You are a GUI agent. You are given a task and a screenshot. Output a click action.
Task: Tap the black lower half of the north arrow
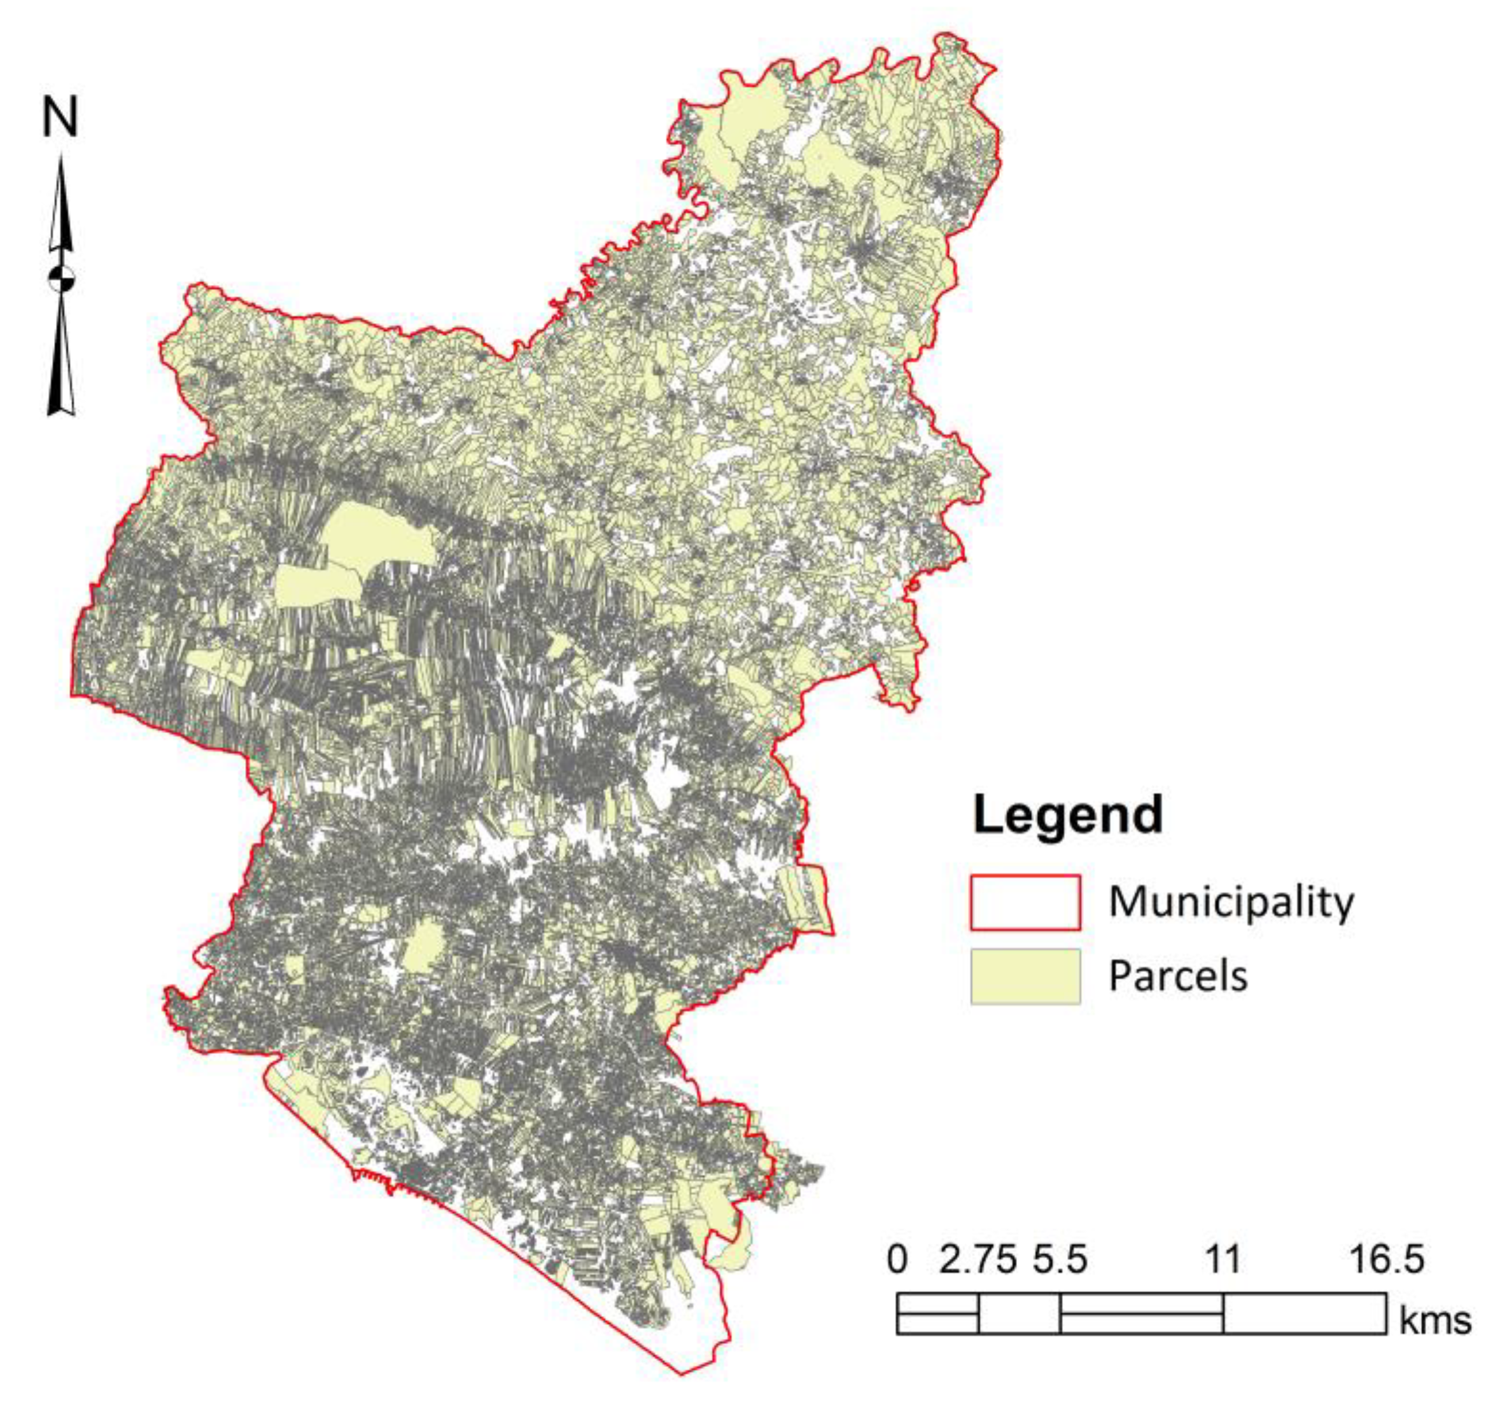click(x=61, y=359)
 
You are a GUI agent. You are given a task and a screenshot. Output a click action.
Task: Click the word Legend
click(x=1067, y=816)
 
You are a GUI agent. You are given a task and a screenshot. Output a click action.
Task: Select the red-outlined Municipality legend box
click(x=1025, y=903)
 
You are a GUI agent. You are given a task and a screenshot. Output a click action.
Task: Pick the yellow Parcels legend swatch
click(x=1025, y=976)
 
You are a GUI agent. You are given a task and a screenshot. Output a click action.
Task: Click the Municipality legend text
click(x=1231, y=902)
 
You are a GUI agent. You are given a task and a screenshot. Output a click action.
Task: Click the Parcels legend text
click(x=1177, y=976)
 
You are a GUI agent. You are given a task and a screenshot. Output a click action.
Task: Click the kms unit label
click(x=1434, y=1321)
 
